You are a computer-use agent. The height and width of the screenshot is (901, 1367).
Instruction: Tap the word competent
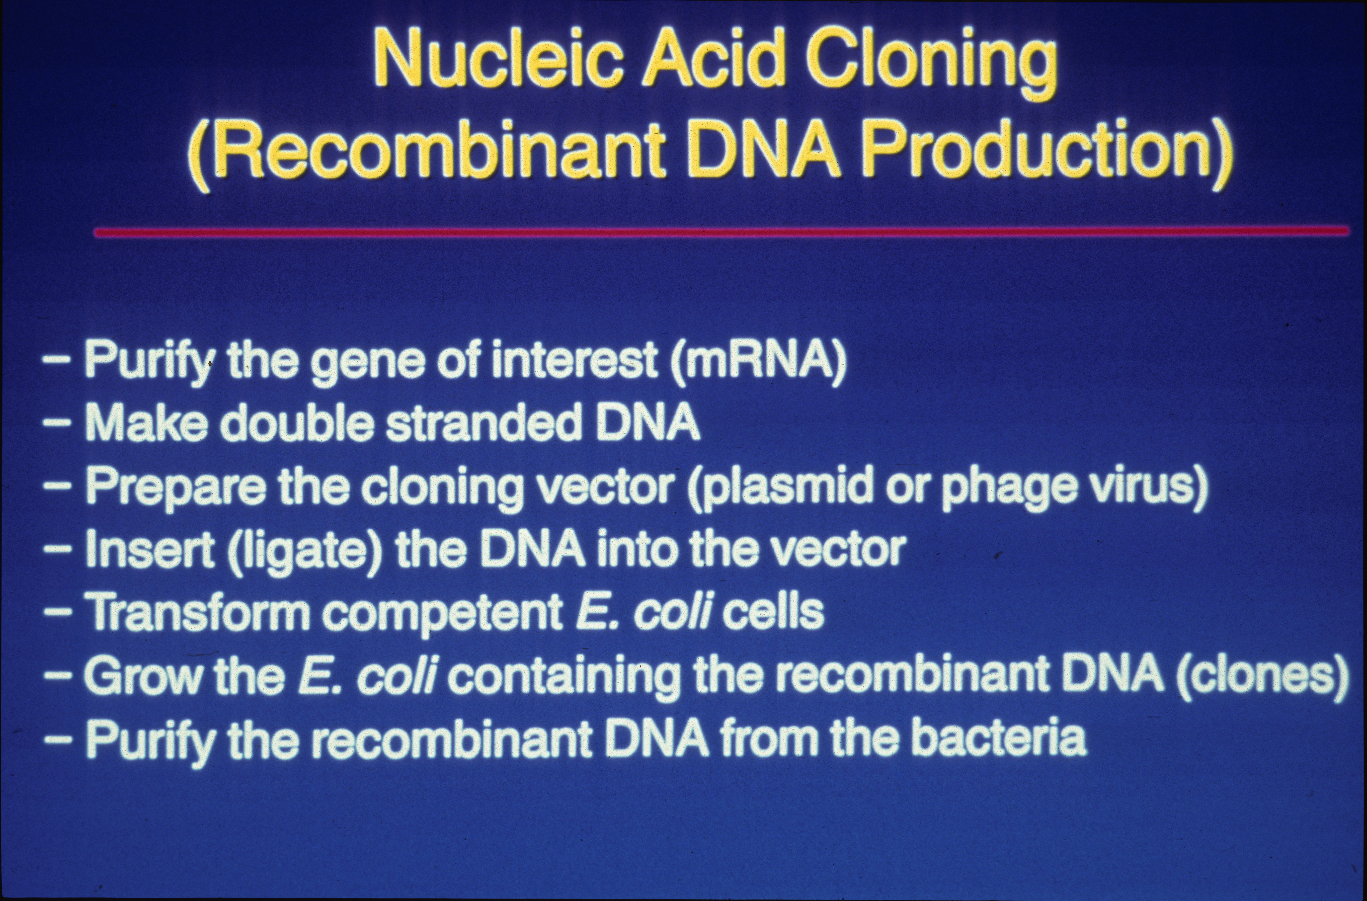[442, 614]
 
